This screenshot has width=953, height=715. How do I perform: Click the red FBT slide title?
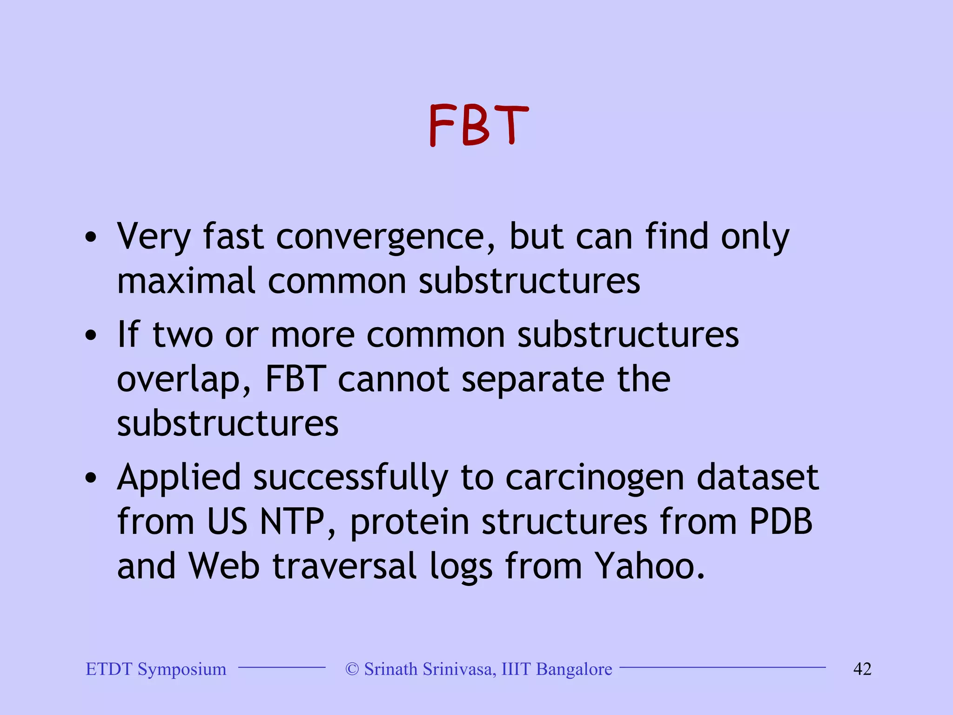point(478,125)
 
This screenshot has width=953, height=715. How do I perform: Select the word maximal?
point(186,281)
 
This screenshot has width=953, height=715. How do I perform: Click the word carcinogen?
point(595,479)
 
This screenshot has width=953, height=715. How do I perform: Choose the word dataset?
point(758,478)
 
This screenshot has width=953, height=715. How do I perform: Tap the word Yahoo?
point(650,566)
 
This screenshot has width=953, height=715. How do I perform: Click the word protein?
point(409,522)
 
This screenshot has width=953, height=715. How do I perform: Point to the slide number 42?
point(862,669)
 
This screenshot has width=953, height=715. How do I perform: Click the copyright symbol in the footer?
point(352,669)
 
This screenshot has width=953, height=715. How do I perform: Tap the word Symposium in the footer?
point(182,669)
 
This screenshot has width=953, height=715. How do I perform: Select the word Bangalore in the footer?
point(574,669)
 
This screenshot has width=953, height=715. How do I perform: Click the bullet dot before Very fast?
point(91,238)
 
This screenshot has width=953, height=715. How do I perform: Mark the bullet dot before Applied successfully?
point(91,478)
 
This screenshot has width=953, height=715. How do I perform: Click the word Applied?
point(179,479)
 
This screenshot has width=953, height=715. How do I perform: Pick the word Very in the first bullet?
point(154,237)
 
